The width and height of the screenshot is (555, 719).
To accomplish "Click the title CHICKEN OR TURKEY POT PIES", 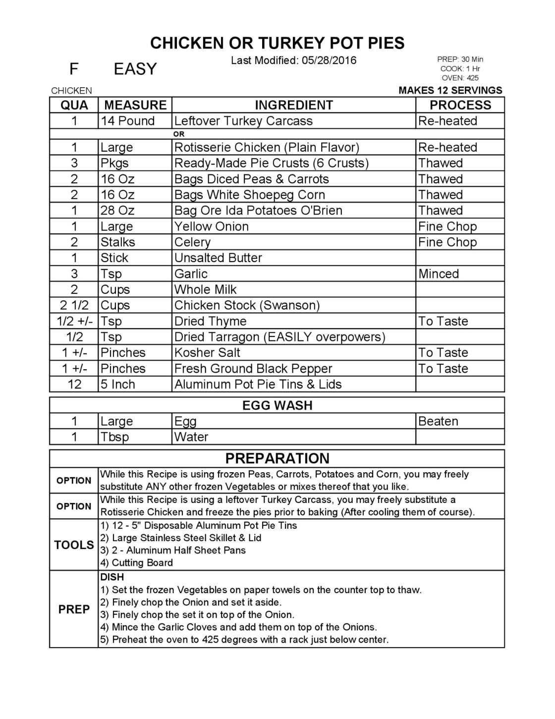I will point(277,44).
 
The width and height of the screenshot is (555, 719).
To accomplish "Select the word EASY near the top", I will point(135,69).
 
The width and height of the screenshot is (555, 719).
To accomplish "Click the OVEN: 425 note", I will point(460,78).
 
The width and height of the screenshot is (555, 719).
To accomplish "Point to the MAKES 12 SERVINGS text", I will point(450,90).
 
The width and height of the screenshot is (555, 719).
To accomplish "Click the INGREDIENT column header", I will point(293,105).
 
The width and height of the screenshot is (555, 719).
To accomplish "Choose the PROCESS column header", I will point(460,105).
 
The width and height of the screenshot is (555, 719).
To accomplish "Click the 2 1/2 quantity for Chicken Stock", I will point(74,305).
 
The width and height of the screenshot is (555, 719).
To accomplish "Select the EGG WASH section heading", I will point(277,405).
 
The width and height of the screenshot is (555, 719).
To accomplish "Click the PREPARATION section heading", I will point(277,458).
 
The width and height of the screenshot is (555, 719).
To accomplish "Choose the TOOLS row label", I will point(74,545).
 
